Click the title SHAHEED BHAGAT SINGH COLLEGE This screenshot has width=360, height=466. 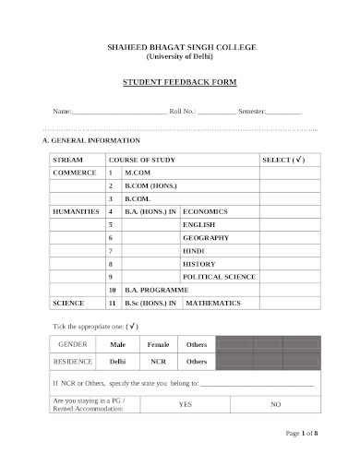[x=180, y=46]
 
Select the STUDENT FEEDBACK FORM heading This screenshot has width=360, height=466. [x=180, y=82]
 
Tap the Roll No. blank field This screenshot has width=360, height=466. [x=215, y=112]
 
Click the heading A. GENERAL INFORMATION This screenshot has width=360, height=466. [x=91, y=141]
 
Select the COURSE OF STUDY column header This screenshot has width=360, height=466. [x=142, y=160]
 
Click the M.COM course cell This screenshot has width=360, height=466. [x=138, y=173]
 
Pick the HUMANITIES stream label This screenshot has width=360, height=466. [x=76, y=211]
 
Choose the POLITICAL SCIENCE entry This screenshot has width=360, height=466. [x=219, y=276]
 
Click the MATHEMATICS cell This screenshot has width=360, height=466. [x=212, y=303]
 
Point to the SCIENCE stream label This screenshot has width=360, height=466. [x=68, y=303]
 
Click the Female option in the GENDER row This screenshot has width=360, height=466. [x=159, y=344]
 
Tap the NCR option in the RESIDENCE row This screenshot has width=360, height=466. [x=159, y=362]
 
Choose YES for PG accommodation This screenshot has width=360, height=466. [x=186, y=404]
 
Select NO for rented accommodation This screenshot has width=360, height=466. [x=275, y=404]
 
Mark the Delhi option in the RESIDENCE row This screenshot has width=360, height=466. [x=118, y=362]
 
